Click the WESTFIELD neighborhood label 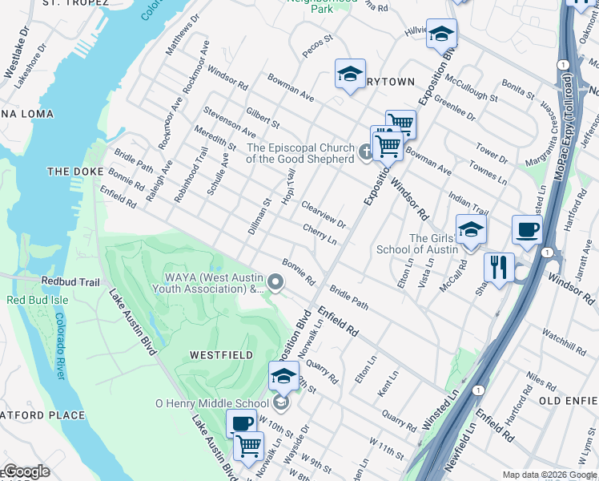pos(221,354)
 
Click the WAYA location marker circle pos(276,281)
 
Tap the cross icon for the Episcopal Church pos(366,151)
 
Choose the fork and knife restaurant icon pos(499,266)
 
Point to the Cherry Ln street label pos(319,235)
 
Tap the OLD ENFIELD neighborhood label pos(568,400)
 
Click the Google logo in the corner pos(26,471)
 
